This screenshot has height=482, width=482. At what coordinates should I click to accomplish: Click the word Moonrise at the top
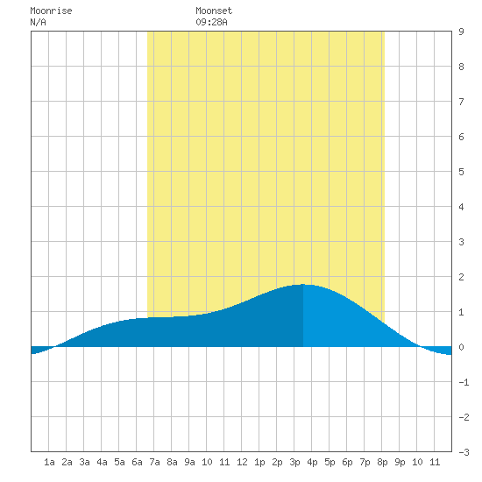click(x=51, y=11)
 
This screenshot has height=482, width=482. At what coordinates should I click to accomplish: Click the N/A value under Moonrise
click(x=38, y=23)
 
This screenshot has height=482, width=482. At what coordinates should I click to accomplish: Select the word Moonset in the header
click(x=214, y=11)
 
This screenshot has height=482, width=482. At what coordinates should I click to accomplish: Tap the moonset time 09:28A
click(x=211, y=23)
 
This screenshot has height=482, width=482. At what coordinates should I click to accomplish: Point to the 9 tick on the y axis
click(x=461, y=32)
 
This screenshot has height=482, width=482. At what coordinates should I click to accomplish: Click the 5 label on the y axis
click(x=461, y=172)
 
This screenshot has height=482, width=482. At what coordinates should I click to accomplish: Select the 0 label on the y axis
click(x=461, y=347)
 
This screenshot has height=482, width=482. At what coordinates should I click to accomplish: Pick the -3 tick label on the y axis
click(x=464, y=452)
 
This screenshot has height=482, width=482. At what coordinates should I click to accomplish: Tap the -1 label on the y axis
click(x=464, y=382)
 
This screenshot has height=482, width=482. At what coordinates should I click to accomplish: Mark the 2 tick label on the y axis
click(x=461, y=277)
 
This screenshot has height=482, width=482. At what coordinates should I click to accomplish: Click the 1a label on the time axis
click(x=49, y=462)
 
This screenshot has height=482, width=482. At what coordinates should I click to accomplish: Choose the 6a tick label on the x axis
click(x=137, y=462)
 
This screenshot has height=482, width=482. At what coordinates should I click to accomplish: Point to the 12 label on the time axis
click(x=242, y=462)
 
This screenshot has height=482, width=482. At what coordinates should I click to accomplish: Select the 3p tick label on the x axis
click(x=294, y=462)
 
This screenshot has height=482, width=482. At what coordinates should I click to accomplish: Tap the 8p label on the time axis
click(x=382, y=462)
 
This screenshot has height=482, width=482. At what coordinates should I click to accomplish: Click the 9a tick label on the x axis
click(x=189, y=462)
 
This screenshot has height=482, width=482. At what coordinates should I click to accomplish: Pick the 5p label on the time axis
click(x=330, y=462)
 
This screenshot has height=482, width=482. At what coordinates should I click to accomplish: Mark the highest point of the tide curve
click(x=303, y=284)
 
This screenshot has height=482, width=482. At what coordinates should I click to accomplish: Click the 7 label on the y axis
click(x=461, y=102)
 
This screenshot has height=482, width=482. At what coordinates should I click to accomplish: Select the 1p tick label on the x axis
click(x=259, y=462)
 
